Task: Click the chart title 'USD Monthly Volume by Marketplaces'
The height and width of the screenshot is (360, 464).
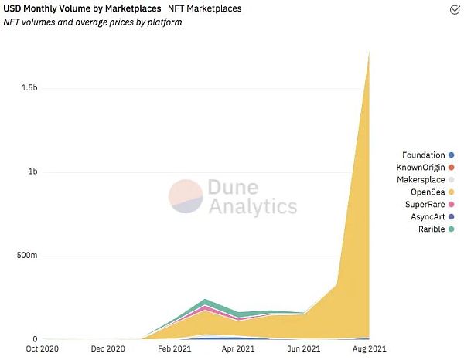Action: pyautogui.click(x=81, y=8)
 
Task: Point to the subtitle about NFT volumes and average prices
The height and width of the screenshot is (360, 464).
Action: pyautogui.click(x=92, y=22)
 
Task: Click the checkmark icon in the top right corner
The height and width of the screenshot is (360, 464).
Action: pyautogui.click(x=455, y=9)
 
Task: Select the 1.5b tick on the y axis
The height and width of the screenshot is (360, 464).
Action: pyautogui.click(x=29, y=88)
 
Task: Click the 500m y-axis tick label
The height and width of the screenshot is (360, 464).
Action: pyautogui.click(x=27, y=256)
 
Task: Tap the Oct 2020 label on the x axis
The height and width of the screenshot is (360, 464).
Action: pyautogui.click(x=43, y=350)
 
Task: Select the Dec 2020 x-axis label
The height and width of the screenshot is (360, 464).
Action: pyautogui.click(x=108, y=350)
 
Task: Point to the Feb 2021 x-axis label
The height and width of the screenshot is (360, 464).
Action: pyautogui.click(x=175, y=350)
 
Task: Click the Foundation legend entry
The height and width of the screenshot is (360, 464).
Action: pyautogui.click(x=421, y=155)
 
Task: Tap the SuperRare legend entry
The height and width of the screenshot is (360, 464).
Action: pyautogui.click(x=423, y=205)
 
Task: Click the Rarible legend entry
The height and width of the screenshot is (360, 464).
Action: pyautogui.click(x=426, y=229)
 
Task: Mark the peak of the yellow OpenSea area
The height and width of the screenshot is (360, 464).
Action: pyautogui.click(x=369, y=53)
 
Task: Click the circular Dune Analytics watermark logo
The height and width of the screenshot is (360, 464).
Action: pyautogui.click(x=186, y=197)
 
